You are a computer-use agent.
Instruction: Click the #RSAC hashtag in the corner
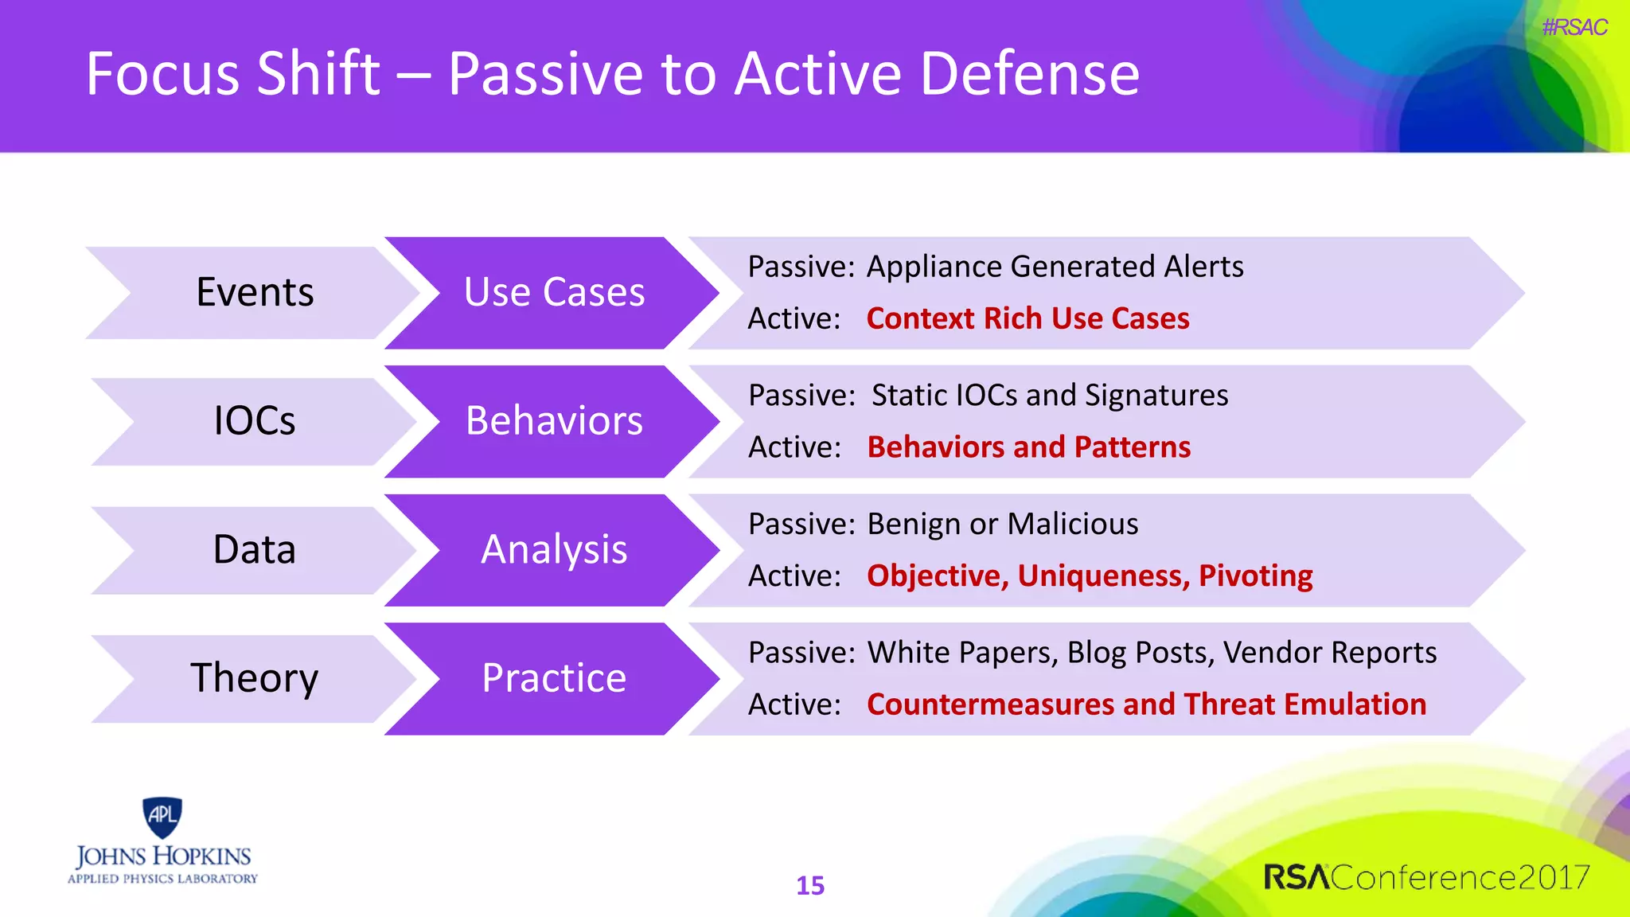[1573, 28]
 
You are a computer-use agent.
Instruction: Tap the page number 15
[810, 885]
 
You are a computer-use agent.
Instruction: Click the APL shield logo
[162, 817]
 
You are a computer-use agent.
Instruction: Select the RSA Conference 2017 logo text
[1426, 877]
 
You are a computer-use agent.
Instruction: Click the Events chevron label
[255, 292]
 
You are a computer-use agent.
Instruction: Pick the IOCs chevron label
[255, 421]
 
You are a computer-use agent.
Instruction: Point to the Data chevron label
[255, 550]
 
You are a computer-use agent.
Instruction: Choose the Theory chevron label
[255, 678]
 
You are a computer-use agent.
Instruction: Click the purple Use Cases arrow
[554, 292]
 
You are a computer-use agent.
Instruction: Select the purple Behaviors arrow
[554, 421]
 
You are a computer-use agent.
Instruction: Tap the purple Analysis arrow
[554, 550]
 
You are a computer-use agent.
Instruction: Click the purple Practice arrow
[554, 678]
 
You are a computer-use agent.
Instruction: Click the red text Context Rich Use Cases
[1028, 318]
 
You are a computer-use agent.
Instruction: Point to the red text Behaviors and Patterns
[1028, 447]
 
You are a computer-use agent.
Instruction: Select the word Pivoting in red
[1255, 576]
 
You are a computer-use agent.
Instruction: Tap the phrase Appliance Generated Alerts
[1055, 267]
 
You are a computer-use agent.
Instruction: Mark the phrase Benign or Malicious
[1002, 525]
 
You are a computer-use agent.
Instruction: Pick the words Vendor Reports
[1329, 653]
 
